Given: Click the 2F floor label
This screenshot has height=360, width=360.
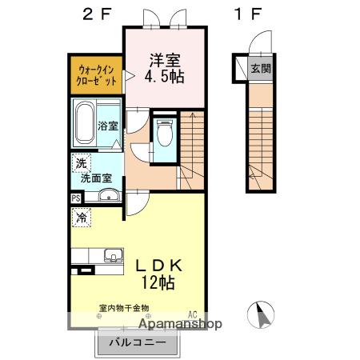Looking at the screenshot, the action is [x=96, y=14].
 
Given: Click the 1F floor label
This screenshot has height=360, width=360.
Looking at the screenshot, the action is [x=248, y=14].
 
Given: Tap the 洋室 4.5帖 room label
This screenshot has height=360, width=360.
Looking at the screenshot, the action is [x=164, y=68].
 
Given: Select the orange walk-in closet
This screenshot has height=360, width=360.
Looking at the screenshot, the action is [x=96, y=75].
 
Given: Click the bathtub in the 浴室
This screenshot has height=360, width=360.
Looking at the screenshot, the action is [x=85, y=122].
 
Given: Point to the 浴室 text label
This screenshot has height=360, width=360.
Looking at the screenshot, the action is [x=108, y=126].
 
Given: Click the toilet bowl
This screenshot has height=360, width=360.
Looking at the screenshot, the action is [x=165, y=133].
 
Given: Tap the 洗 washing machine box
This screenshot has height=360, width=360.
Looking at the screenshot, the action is [x=82, y=163].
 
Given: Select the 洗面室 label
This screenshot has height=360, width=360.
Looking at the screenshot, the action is [x=96, y=178].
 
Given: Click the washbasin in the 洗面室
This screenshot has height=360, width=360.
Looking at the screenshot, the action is [x=109, y=195].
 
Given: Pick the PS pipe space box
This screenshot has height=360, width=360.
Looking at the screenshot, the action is [x=76, y=198].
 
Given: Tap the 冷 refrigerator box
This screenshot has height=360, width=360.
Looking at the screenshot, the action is [x=82, y=218].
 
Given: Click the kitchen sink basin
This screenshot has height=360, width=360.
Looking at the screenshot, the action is [x=114, y=255].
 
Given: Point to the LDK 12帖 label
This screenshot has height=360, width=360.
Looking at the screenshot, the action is [x=159, y=274].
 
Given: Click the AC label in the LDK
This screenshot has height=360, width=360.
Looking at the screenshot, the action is [x=193, y=314].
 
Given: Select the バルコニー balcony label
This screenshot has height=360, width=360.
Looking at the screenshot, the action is [x=138, y=342].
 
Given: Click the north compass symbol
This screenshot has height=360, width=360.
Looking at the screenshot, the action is [x=261, y=315].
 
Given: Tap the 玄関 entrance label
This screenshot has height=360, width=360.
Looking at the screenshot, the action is [x=261, y=69].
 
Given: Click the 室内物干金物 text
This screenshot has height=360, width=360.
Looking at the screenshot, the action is [x=124, y=308].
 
